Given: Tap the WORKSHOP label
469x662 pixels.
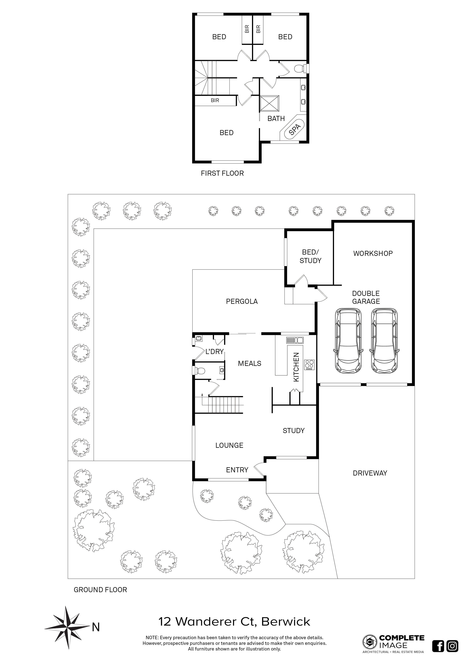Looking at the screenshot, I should pos(373,253).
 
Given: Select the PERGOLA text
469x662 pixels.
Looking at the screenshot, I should pos(242,301).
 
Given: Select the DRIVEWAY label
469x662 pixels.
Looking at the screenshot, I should pos(370,473).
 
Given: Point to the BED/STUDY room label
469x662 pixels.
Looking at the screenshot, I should pos(310,256).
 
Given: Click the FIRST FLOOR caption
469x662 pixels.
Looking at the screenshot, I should pos(222,173).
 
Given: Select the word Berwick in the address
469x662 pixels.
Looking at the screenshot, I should pos(286,621).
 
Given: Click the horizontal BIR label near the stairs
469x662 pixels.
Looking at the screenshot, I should pos(215,100).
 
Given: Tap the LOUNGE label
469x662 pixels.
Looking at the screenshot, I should pos(229,446).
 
